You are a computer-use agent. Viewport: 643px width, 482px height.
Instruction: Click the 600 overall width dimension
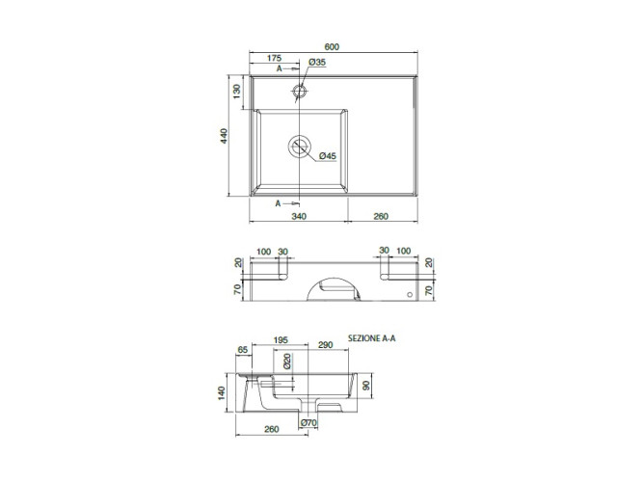point(332,47)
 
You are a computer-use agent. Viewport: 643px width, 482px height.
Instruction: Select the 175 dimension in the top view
point(274,58)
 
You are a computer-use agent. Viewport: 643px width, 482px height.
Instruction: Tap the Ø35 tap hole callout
point(317,63)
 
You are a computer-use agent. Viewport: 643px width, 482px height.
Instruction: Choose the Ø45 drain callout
point(327,156)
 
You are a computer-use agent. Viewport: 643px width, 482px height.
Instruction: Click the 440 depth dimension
point(224,136)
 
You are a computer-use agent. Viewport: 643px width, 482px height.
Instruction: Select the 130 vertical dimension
point(236,92)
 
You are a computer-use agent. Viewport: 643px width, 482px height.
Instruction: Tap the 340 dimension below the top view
point(299,216)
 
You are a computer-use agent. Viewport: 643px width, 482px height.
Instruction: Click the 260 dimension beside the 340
point(381,216)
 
